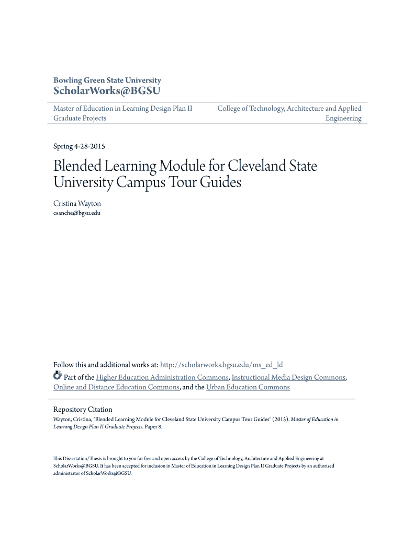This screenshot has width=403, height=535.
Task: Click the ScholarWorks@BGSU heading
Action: (107, 92)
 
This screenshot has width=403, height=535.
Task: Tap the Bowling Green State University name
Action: (107, 80)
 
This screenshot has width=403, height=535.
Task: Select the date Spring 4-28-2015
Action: (80, 146)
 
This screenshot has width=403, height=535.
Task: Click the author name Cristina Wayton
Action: (77, 203)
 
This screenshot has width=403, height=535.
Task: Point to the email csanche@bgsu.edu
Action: (77, 213)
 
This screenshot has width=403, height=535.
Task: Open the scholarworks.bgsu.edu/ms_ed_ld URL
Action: (221, 365)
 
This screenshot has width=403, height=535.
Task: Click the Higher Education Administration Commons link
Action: (162, 377)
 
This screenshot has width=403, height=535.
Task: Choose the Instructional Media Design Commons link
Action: (288, 377)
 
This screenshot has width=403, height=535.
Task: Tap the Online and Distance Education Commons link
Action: (117, 387)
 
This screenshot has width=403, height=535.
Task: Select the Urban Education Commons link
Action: (248, 387)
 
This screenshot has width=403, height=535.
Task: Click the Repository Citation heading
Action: (83, 410)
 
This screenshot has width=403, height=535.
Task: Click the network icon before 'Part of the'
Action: (58, 376)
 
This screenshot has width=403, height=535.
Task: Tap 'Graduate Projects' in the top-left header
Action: (80, 118)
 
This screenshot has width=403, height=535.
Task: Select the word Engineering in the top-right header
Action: (343, 118)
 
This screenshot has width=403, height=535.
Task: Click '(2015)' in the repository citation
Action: (279, 420)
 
